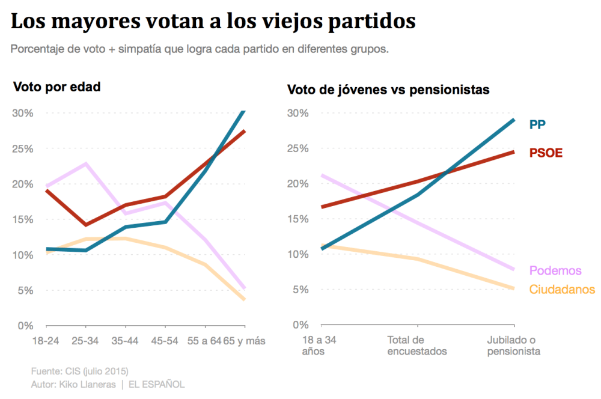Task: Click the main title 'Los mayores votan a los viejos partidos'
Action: (213, 22)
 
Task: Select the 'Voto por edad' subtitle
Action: (56, 87)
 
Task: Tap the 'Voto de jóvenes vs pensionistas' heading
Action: (388, 90)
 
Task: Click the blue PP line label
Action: (537, 124)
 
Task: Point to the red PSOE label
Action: (546, 153)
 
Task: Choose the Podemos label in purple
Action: (555, 270)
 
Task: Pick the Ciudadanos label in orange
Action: (562, 290)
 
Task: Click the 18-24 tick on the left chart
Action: (46, 341)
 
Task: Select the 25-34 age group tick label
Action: (86, 341)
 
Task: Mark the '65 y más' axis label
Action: (245, 341)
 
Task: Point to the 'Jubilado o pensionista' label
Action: (513, 346)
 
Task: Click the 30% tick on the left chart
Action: (23, 113)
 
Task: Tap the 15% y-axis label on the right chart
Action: (298, 219)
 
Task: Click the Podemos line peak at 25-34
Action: (87, 163)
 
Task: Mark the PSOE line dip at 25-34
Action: (87, 225)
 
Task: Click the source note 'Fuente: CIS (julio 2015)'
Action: (79, 371)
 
